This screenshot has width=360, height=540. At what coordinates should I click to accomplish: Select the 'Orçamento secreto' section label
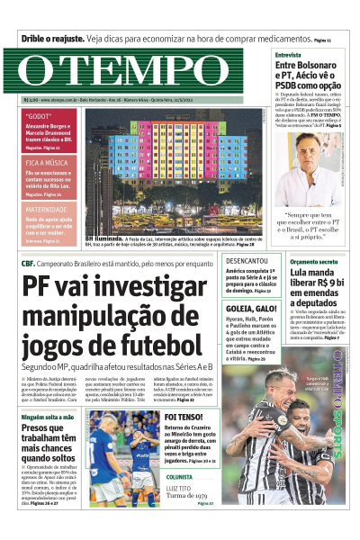click(315, 261)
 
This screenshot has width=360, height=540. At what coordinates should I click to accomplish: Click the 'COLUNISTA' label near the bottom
click(179, 476)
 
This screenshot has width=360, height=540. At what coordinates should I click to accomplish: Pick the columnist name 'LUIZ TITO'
click(181, 487)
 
